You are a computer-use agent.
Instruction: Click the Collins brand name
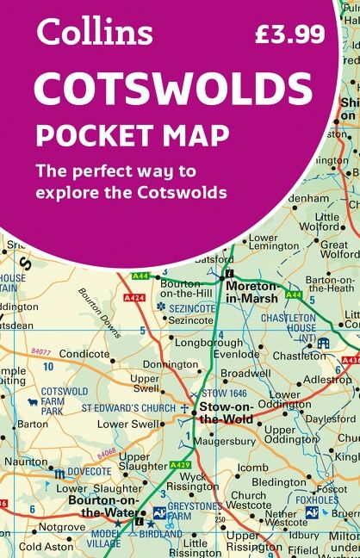pyautogui.click(x=95, y=32)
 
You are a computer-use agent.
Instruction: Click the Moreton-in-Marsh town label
pyautogui.click(x=252, y=292)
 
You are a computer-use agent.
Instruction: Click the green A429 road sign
pyautogui.click(x=179, y=466)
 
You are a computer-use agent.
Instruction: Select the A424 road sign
pyautogui.click(x=133, y=298)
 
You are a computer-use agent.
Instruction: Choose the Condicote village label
pyautogui.click(x=84, y=354)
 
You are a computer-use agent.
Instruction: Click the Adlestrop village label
pyautogui.click(x=327, y=379)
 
